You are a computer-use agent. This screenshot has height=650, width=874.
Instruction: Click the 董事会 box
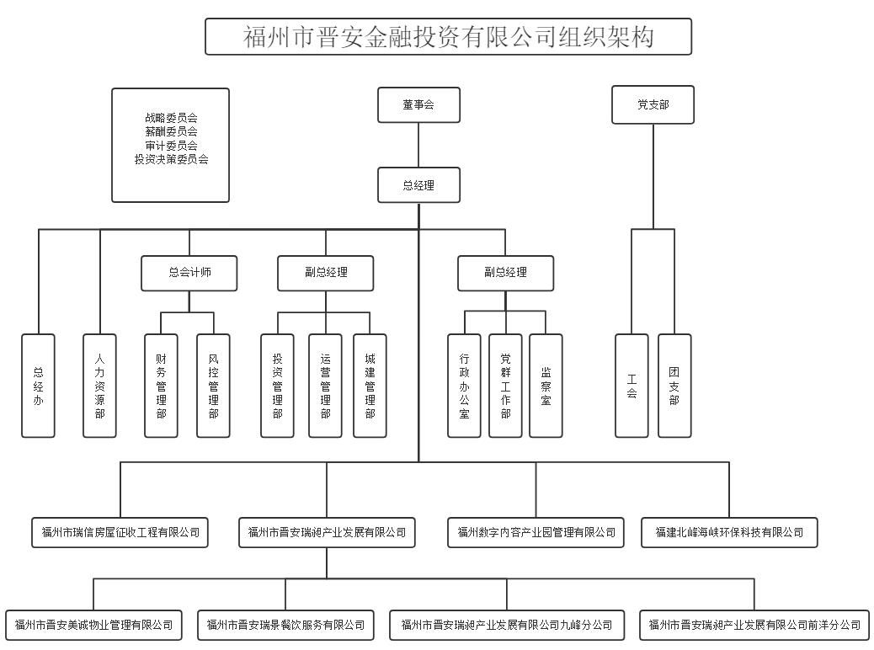point(418,105)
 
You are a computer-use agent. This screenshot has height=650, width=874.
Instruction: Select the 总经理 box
point(418,185)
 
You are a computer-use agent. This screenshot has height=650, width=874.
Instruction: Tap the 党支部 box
point(653,105)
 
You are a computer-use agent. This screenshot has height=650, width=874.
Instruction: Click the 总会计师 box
point(189,273)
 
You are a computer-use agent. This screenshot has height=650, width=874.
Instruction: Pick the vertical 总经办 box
point(38,386)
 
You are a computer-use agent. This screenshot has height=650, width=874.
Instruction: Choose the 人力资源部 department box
point(99,386)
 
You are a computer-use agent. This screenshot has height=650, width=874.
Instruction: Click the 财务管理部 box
point(161,386)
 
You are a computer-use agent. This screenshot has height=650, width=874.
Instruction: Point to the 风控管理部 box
point(213,386)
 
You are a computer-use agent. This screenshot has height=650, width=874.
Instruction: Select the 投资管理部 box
point(277,386)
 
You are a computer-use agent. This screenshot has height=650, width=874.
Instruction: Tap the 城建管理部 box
point(370,386)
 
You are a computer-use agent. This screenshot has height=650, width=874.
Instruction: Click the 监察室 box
point(546,386)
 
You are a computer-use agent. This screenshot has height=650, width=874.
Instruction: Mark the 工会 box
point(632,386)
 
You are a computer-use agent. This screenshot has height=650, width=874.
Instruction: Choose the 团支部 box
point(674,386)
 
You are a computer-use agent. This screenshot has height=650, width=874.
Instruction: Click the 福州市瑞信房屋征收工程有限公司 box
point(120,532)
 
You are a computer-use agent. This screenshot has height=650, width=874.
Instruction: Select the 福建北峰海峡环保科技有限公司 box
point(729,532)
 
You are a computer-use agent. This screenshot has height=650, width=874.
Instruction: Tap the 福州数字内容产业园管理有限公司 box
point(536,532)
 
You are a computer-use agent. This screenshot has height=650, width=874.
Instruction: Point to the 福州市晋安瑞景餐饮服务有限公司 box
point(285,625)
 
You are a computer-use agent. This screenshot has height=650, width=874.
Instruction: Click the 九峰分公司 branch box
point(507,625)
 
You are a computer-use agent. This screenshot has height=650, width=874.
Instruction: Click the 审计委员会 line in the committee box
point(171,146)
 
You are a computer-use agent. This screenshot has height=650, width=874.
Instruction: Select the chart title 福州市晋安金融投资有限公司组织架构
point(448,37)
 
